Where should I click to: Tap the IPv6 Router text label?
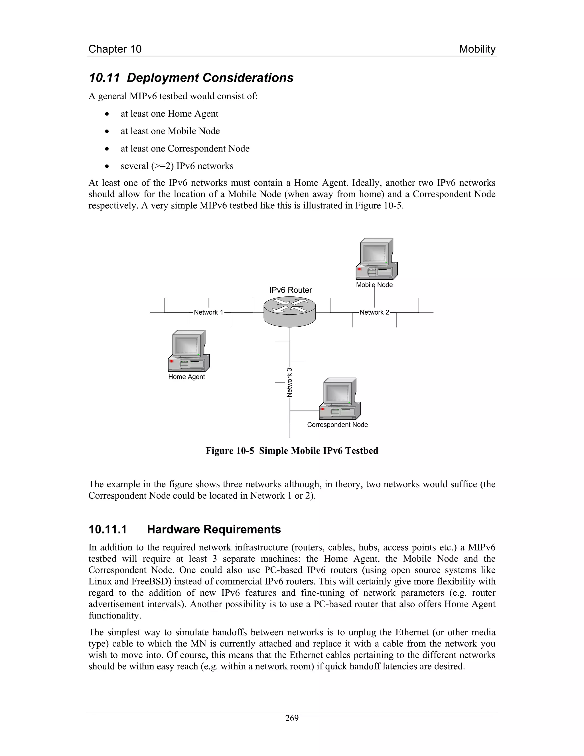291,290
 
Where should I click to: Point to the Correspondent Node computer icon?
340,399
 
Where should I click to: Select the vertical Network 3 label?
290,382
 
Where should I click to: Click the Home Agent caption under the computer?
186,377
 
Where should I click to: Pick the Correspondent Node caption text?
337,425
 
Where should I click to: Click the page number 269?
292,718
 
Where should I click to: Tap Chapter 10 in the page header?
115,49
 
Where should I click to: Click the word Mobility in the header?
477,49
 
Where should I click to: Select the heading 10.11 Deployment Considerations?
191,78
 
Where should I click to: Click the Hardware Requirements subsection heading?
214,529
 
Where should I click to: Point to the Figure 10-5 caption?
292,451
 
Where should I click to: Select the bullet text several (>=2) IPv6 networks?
177,166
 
